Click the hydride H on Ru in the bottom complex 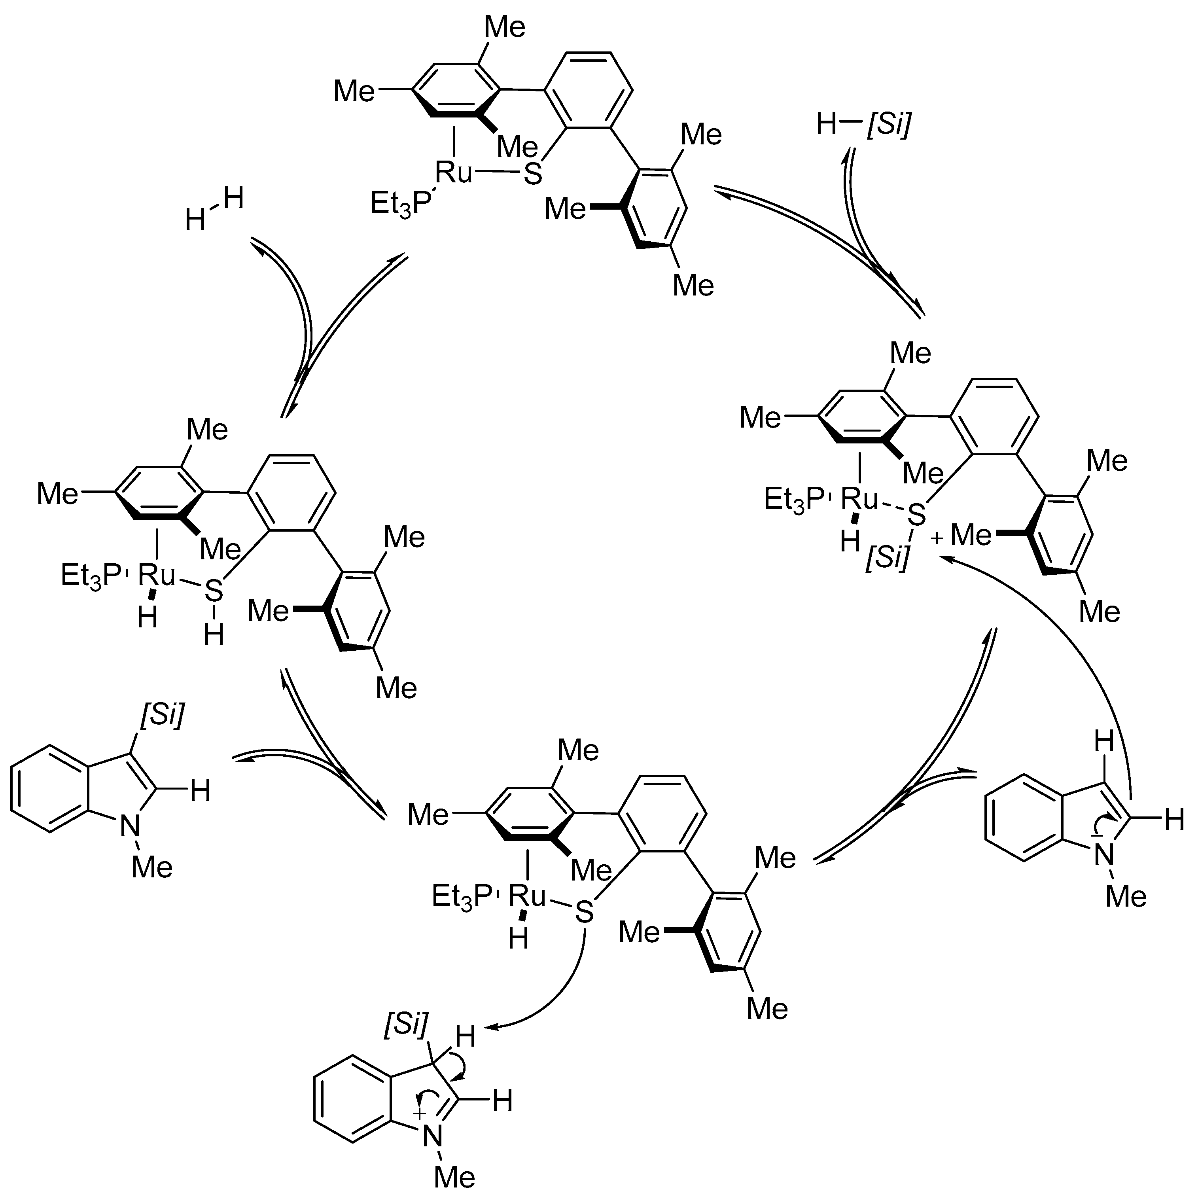click(x=519, y=939)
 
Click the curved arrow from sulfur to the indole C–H click(x=558, y=992)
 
